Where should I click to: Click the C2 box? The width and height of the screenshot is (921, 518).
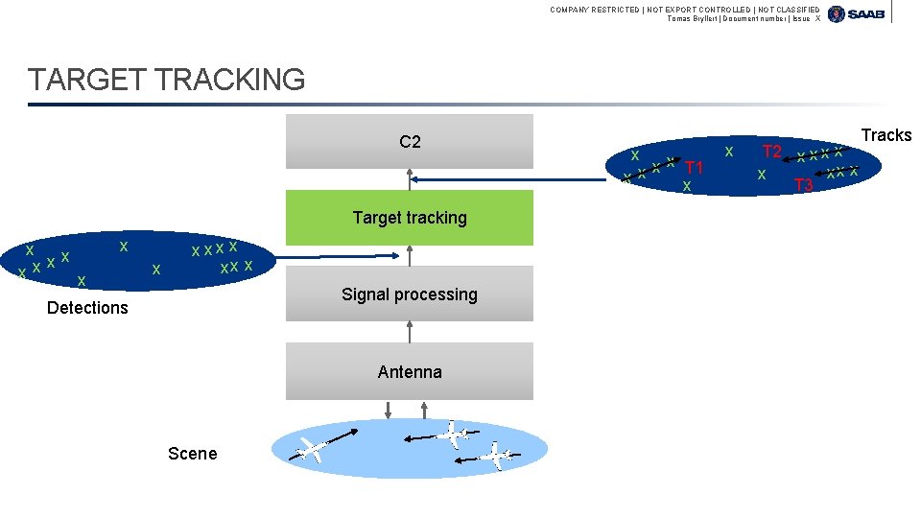click(410, 142)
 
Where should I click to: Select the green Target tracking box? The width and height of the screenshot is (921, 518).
click(410, 218)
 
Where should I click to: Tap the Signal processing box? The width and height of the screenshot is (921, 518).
click(410, 294)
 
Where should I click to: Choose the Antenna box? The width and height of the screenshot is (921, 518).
click(410, 371)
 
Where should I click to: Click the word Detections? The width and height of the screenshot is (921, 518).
click(87, 308)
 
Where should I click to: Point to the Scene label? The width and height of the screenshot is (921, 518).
click(192, 454)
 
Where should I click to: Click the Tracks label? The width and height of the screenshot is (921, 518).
click(886, 135)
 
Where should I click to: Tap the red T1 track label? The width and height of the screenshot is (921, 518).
click(694, 168)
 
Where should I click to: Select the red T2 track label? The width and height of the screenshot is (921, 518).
click(771, 152)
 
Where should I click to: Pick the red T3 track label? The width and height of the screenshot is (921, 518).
click(804, 184)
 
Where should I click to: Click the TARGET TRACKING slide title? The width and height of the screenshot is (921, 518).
click(167, 80)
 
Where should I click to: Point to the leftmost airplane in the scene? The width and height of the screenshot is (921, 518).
click(312, 447)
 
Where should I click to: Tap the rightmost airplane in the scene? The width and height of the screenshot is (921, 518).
click(496, 455)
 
